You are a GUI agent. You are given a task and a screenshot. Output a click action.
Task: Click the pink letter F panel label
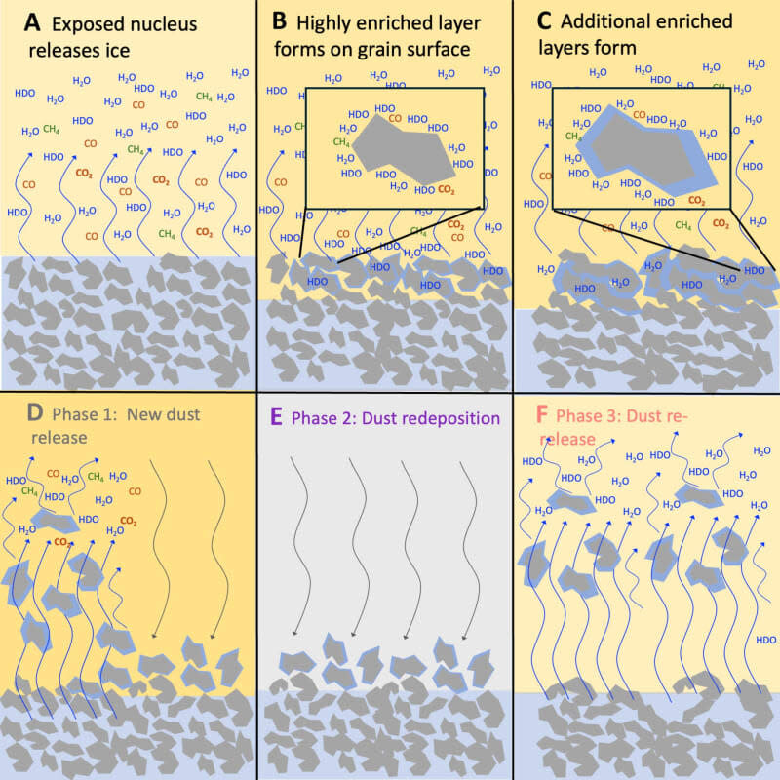point(537,417)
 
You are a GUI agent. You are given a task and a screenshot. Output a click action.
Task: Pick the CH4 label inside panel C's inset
point(575,136)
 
